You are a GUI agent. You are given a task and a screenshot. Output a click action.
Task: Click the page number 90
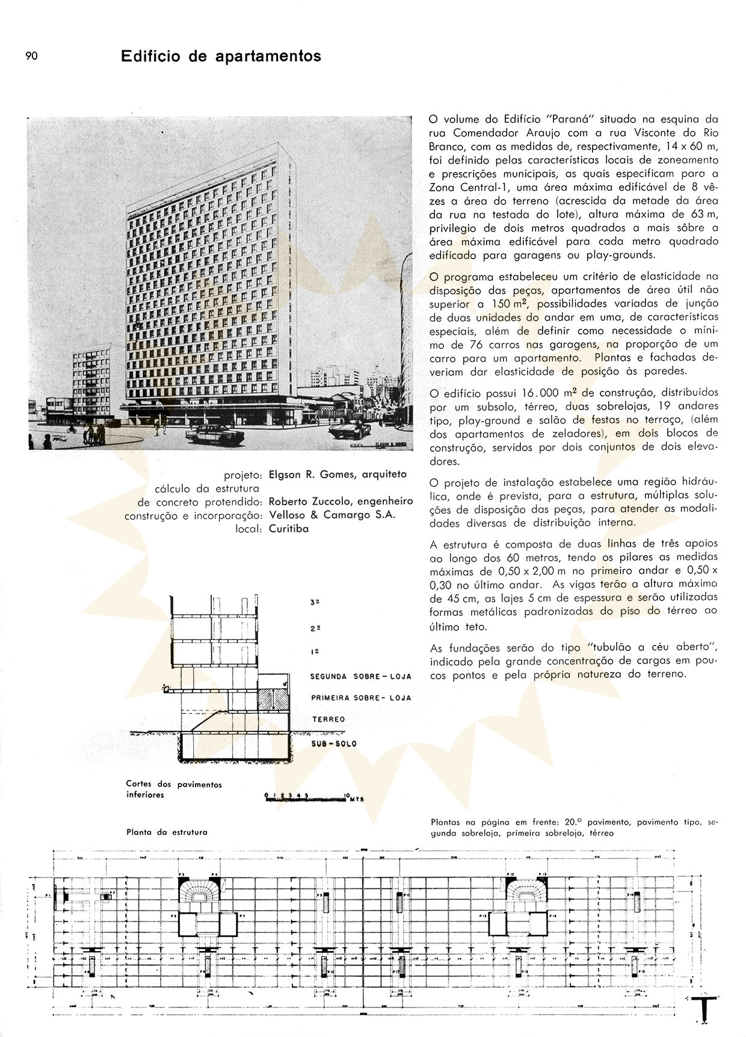pos(31,56)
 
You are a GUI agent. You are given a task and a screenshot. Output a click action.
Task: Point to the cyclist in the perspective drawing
pos(71,429)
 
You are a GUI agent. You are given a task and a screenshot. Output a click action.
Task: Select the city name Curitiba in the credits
pos(288,529)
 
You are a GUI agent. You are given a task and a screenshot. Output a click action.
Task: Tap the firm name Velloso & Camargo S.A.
pos(331,515)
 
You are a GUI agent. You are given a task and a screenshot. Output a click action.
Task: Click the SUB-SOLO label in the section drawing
pos(334,743)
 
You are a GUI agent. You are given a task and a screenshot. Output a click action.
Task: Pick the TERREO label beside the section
pos(328,719)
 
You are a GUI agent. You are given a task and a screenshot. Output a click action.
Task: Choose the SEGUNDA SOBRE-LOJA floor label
pos(360,676)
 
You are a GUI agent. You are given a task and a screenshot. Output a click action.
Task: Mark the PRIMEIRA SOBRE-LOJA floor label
pos(361,698)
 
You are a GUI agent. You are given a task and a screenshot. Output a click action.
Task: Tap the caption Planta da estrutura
pos(167,832)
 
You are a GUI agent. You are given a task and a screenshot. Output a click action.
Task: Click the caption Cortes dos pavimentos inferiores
pos(173,789)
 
